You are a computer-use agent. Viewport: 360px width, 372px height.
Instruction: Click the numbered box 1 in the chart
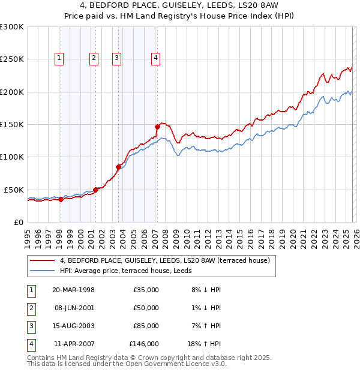click(x=59, y=58)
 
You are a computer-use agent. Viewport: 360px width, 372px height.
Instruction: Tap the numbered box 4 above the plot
click(x=155, y=58)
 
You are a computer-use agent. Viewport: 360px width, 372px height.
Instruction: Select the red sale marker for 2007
click(x=157, y=127)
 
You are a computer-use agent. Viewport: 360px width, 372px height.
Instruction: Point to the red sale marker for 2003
click(x=118, y=167)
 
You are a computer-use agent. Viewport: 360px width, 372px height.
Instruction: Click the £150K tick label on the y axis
click(x=12, y=124)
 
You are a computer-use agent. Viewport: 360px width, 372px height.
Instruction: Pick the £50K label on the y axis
click(x=14, y=190)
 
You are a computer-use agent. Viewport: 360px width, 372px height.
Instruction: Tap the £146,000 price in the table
click(x=144, y=344)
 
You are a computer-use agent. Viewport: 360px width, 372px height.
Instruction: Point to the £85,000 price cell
click(x=146, y=326)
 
